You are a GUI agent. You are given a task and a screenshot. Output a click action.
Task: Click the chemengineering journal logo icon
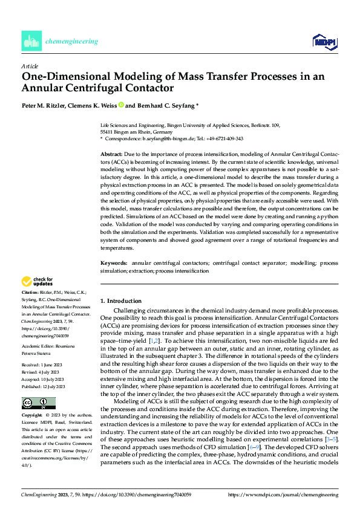tap(31, 41)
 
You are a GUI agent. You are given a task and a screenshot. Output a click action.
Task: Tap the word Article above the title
tap(29, 66)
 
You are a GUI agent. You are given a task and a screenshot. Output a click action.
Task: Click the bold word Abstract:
tap(111, 155)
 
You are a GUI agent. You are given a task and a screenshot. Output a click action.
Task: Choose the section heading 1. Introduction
tap(121, 300)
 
